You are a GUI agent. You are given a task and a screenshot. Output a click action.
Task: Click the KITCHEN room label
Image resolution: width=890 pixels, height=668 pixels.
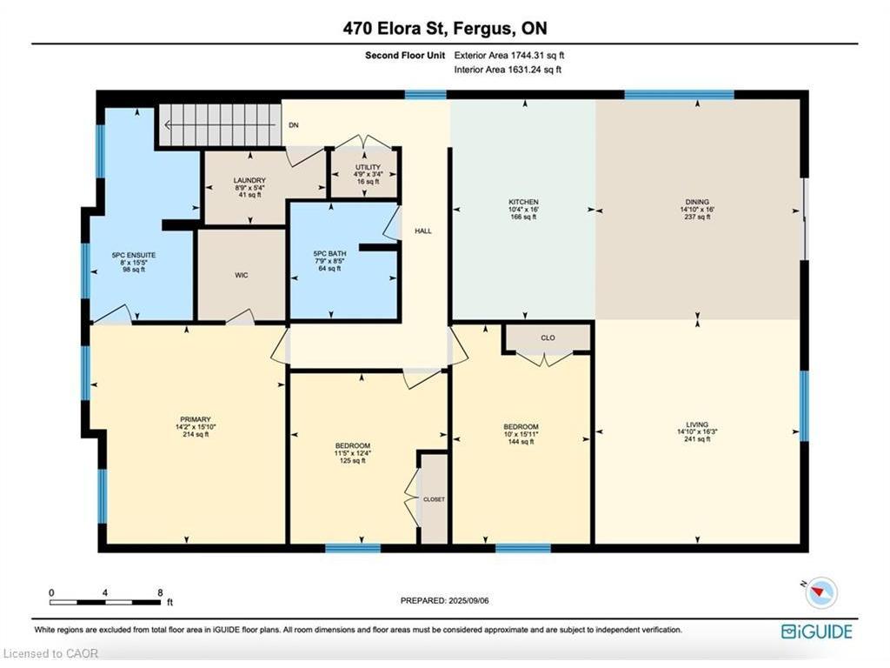tap(523, 201)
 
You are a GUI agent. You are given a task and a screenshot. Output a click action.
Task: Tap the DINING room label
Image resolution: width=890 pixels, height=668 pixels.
tap(698, 201)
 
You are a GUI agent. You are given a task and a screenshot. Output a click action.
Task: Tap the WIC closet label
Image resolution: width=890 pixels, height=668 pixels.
tap(242, 275)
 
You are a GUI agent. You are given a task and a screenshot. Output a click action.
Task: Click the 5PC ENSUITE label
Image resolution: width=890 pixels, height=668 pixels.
tap(133, 255)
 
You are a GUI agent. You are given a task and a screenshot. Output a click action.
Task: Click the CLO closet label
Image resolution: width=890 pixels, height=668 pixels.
tap(548, 337)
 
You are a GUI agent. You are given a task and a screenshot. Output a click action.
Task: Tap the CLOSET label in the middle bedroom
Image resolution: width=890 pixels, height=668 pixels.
tap(434, 500)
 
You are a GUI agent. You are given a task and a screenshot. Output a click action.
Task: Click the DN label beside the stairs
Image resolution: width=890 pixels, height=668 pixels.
tap(294, 125)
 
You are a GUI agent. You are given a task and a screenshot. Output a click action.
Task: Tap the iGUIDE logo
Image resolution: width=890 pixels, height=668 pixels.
tap(816, 631)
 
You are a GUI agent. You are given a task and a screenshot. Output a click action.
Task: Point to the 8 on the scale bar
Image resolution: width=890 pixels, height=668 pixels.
tap(159, 592)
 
